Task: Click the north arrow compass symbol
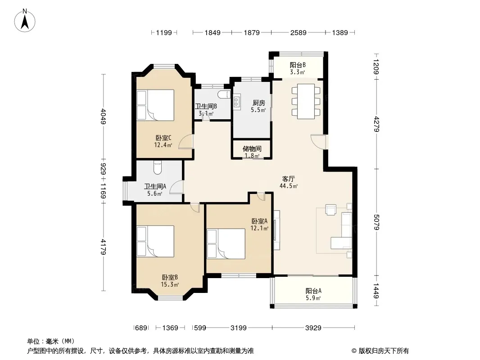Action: coord(25,21)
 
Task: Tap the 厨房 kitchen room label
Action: coord(258,103)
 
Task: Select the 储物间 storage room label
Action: coord(252,148)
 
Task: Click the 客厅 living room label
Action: coord(288,179)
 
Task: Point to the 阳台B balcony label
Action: coord(298,65)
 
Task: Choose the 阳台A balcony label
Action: coord(313,291)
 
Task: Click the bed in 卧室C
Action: coord(155,105)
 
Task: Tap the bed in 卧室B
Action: coord(155,241)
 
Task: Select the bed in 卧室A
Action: coord(226,244)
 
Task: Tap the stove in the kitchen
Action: coord(237,102)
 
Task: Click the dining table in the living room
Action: coord(306,101)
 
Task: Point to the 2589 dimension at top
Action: coord(298,33)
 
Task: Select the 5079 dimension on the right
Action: coord(376,222)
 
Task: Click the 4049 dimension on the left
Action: coord(103,117)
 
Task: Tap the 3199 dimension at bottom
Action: coord(239,328)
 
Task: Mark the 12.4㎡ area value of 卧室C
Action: coord(163,145)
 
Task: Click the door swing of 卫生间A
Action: coord(177,187)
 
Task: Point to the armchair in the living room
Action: coord(331,210)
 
